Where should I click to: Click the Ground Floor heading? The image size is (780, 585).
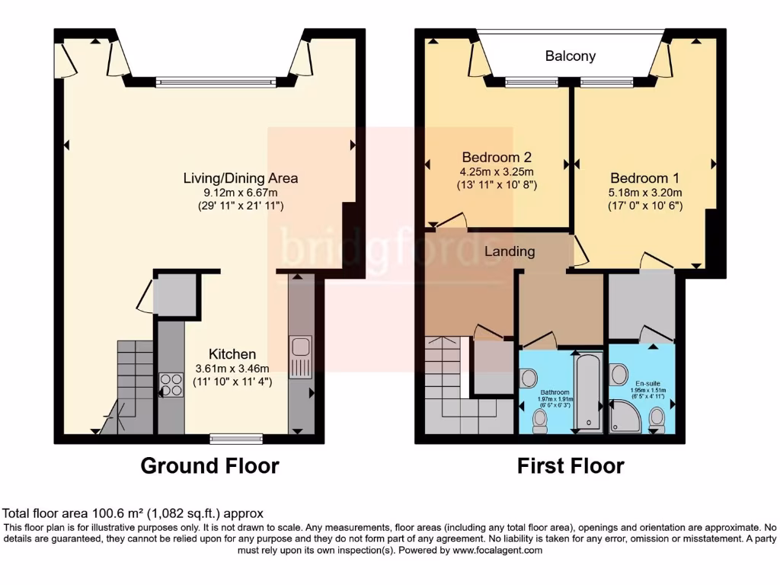(209, 465)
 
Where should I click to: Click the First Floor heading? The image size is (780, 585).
(571, 465)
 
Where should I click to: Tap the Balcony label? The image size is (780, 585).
(570, 56)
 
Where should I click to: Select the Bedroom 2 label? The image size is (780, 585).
(496, 158)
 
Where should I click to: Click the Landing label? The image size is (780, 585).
(510, 251)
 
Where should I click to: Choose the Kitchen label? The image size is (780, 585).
(232, 354)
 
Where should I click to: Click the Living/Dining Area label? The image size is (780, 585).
(240, 178)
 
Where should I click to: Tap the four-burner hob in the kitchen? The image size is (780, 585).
(171, 385)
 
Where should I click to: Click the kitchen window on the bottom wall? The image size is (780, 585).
(236, 438)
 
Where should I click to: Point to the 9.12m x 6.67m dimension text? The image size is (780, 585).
(240, 193)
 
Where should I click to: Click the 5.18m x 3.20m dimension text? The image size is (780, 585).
(644, 192)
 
